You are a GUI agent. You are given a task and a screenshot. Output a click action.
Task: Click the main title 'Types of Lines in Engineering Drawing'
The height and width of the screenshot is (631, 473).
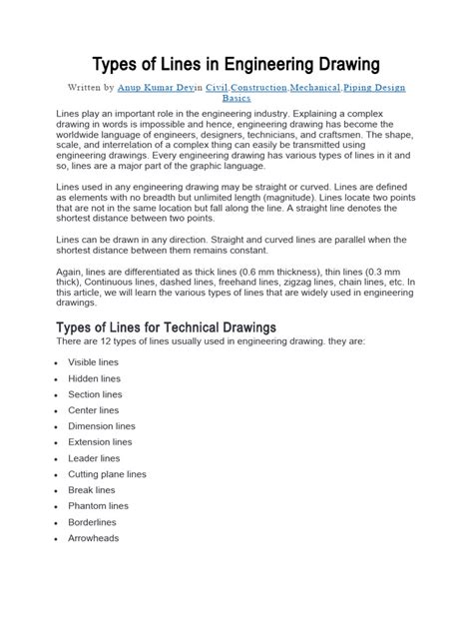(236, 66)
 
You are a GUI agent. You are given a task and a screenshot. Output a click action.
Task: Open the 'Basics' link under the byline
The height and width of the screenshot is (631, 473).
(236, 99)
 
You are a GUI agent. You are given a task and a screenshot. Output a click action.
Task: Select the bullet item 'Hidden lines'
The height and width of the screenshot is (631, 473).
(94, 379)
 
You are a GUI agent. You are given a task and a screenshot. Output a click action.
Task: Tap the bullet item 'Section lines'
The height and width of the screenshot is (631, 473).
(95, 395)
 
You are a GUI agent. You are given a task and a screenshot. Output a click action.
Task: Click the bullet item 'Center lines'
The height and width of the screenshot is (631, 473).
(93, 410)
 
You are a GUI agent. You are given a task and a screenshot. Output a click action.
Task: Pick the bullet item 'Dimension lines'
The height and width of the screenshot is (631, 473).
(100, 426)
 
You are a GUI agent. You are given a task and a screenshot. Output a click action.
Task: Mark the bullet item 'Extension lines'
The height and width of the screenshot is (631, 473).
(100, 441)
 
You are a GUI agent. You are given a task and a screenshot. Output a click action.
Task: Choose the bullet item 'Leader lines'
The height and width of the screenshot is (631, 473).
(93, 458)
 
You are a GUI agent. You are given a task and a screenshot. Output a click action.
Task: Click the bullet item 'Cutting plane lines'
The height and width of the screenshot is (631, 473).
(107, 474)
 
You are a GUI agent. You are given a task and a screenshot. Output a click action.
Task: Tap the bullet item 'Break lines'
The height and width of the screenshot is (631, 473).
(91, 490)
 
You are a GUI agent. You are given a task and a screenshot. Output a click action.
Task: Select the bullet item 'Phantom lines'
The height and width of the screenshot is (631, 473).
(98, 506)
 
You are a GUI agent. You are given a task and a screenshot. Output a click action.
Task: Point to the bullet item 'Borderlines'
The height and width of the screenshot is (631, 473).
(92, 522)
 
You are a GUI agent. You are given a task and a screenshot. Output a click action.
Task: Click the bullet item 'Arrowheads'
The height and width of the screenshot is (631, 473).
(93, 538)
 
